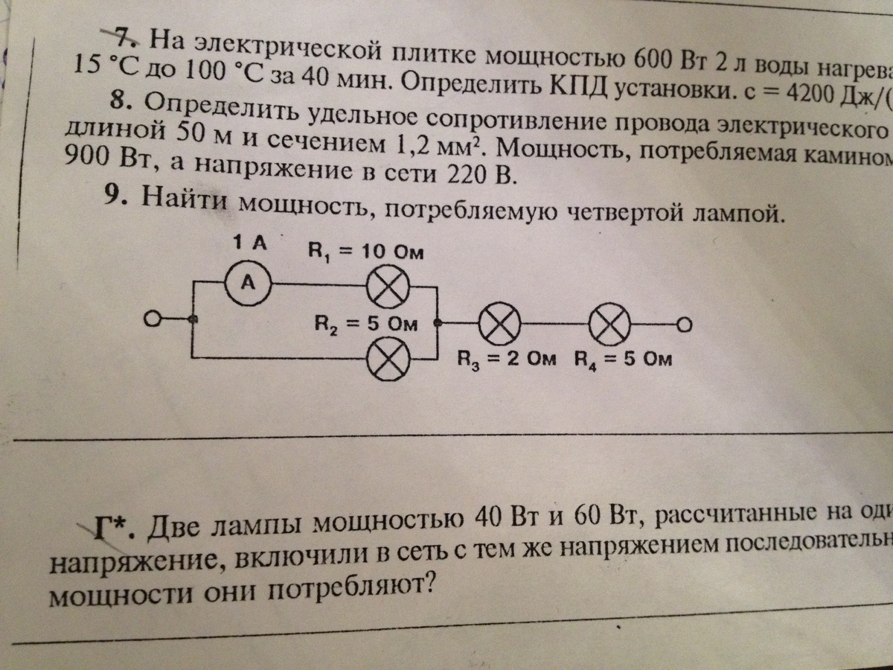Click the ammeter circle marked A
pos(249,284)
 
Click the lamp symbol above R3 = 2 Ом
pos(498,325)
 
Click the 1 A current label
pos(248,242)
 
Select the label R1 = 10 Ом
pos(365,251)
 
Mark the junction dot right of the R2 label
pos(438,324)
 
